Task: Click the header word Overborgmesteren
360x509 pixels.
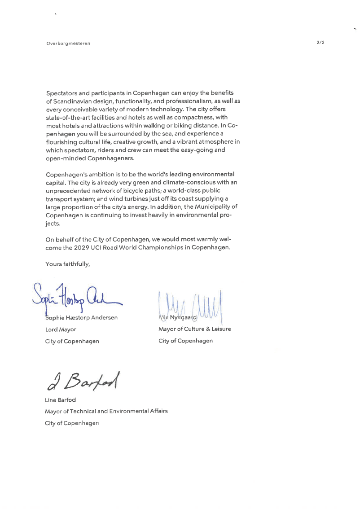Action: [x=68, y=43]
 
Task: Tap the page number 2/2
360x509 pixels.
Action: [x=320, y=42]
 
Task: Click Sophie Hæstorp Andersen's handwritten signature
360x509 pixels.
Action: [x=76, y=295]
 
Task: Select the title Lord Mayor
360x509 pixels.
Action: [x=61, y=329]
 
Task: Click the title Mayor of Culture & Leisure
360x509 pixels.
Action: [x=195, y=329]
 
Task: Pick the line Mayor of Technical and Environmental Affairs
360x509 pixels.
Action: [x=106, y=411]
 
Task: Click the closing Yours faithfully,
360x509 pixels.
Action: [x=68, y=264]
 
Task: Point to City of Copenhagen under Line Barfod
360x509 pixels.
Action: [x=72, y=423]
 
